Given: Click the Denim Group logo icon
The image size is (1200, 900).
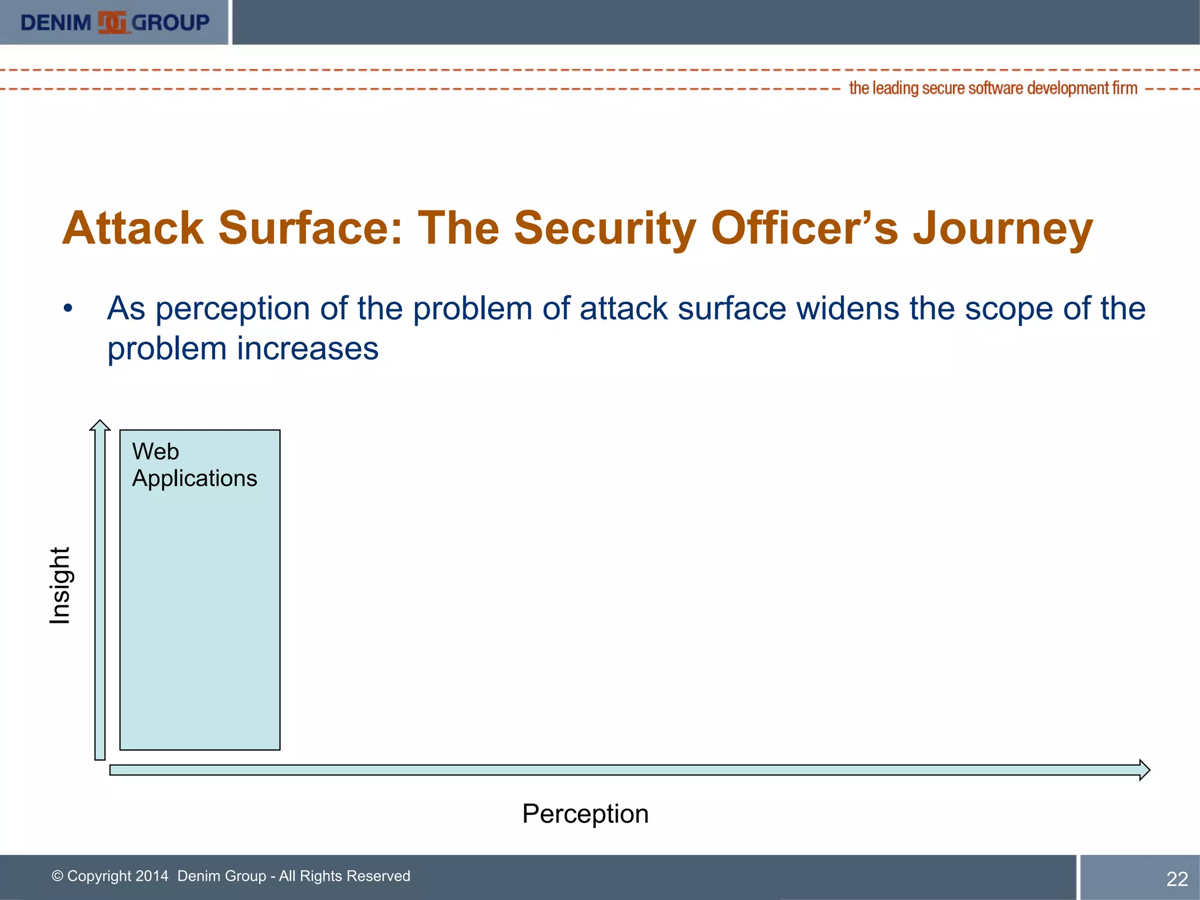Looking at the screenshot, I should pyautogui.click(x=111, y=23).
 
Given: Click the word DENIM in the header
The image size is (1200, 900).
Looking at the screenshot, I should pyautogui.click(x=56, y=23).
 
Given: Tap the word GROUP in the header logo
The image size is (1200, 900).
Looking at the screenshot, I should pyautogui.click(x=170, y=23).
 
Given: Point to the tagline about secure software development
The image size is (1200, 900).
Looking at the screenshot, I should pyautogui.click(x=993, y=88).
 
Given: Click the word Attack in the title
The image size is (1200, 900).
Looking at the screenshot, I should pyautogui.click(x=133, y=229).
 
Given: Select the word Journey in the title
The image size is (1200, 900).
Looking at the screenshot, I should pyautogui.click(x=1003, y=229).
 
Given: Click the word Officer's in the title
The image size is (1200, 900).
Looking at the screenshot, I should pyautogui.click(x=804, y=229).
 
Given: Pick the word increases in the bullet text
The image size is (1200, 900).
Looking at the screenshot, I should pyautogui.click(x=308, y=349).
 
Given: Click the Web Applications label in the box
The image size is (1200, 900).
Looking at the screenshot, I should pyautogui.click(x=194, y=465).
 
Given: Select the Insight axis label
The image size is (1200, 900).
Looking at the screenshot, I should pyautogui.click(x=60, y=585).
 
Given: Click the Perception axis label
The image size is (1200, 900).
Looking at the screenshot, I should pyautogui.click(x=585, y=814).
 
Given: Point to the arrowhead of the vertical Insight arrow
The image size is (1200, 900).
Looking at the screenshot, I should pyautogui.click(x=100, y=425).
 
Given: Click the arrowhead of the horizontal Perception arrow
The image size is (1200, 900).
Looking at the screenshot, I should pyautogui.click(x=1144, y=770).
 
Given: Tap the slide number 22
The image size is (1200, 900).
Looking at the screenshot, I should pyautogui.click(x=1177, y=879).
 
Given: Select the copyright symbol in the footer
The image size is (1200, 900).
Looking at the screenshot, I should pyautogui.click(x=57, y=876).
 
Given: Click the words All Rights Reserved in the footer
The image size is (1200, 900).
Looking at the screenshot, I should pyautogui.click(x=345, y=876).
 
